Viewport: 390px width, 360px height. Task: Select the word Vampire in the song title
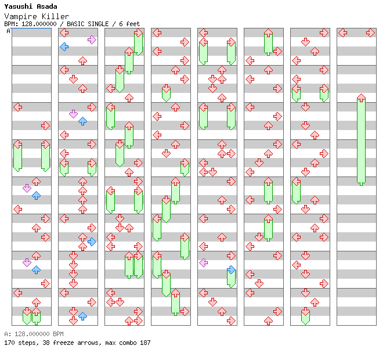pos(20,16)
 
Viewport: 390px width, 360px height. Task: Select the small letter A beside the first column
pos(9,31)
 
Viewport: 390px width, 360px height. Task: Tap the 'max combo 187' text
pos(128,343)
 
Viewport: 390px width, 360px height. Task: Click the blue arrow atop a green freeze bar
pos(231,270)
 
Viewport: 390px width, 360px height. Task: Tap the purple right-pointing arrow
pos(92,39)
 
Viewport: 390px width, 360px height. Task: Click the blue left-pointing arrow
pos(64,46)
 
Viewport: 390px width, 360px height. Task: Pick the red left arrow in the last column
pos(342,33)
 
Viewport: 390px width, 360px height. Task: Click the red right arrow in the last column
pos(370,33)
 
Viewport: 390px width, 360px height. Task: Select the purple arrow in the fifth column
pos(203,262)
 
